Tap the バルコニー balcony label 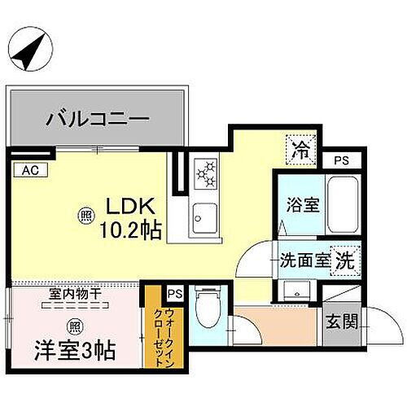click(97, 120)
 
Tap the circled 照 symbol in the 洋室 click(76, 324)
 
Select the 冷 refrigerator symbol click(300, 150)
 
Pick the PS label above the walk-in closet click(174, 293)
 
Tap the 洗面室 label click(304, 261)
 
